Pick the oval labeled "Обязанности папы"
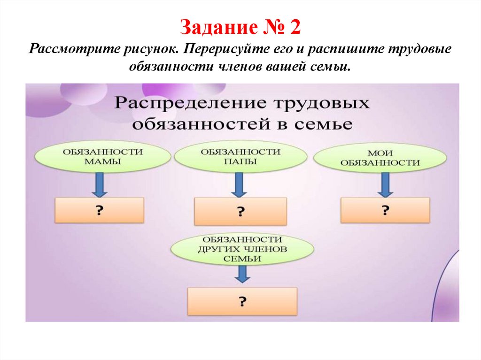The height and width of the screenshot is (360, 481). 240,156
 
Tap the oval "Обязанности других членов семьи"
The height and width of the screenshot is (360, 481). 241,248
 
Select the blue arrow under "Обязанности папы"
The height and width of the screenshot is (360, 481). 239,184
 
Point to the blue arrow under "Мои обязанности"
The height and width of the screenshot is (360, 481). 385,184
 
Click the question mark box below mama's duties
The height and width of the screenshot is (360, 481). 99,210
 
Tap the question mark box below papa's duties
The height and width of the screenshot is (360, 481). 240,211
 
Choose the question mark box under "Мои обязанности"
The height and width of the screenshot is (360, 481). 385,210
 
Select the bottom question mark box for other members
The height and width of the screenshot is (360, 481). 242,301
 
